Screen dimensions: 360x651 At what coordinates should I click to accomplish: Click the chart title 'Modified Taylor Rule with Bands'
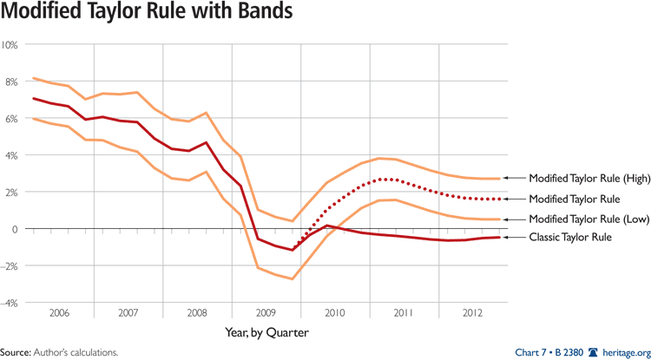(146, 15)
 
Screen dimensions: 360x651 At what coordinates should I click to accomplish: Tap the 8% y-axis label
(12, 82)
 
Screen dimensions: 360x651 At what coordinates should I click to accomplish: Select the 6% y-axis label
(12, 118)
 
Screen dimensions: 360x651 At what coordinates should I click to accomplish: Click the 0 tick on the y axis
(15, 229)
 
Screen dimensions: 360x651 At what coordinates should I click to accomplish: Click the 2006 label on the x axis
(59, 313)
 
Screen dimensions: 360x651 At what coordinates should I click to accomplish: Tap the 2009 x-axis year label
(266, 313)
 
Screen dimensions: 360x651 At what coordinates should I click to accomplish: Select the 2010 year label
(336, 313)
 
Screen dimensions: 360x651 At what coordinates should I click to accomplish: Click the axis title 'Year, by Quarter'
(266, 331)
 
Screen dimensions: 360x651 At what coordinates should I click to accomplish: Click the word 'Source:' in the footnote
(16, 353)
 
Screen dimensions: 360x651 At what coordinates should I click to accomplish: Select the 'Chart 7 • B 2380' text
(549, 352)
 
